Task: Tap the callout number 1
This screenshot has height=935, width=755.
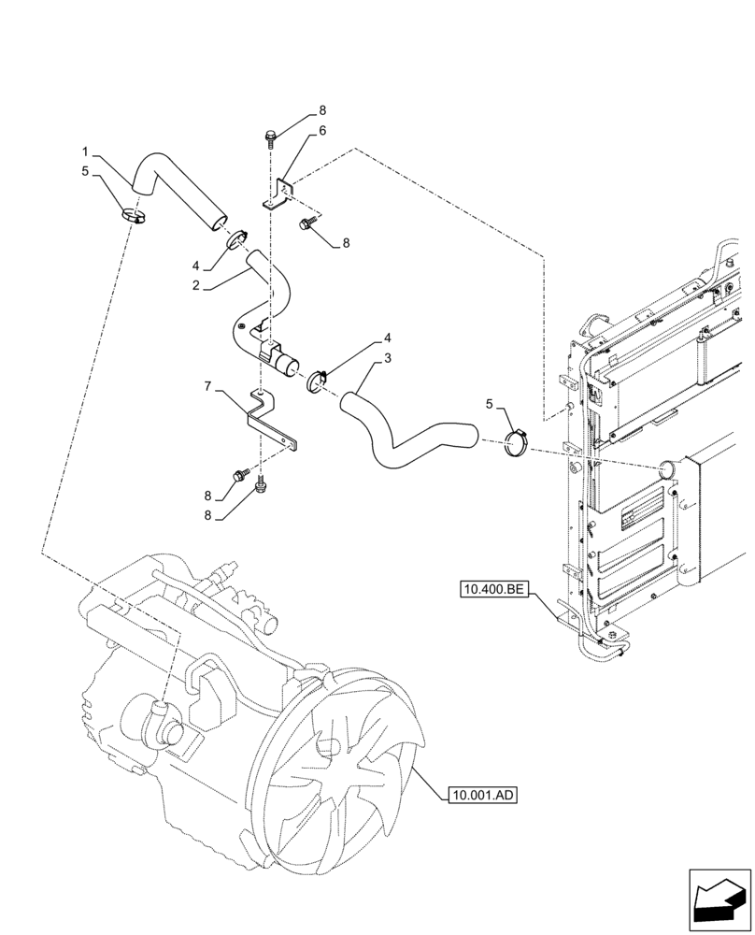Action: (x=85, y=151)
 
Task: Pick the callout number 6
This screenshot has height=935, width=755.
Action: (x=322, y=131)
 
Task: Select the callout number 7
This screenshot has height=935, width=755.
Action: (x=209, y=383)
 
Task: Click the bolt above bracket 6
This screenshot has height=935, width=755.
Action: (x=269, y=137)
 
